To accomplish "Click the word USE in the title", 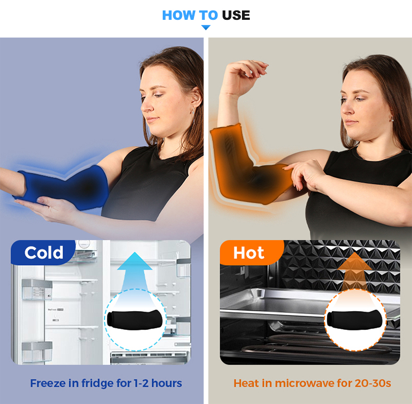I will (x=236, y=15).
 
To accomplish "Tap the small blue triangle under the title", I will (x=205, y=27).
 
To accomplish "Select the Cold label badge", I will (x=43, y=253).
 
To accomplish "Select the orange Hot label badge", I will (x=249, y=253).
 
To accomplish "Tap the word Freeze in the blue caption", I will (x=47, y=383).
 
